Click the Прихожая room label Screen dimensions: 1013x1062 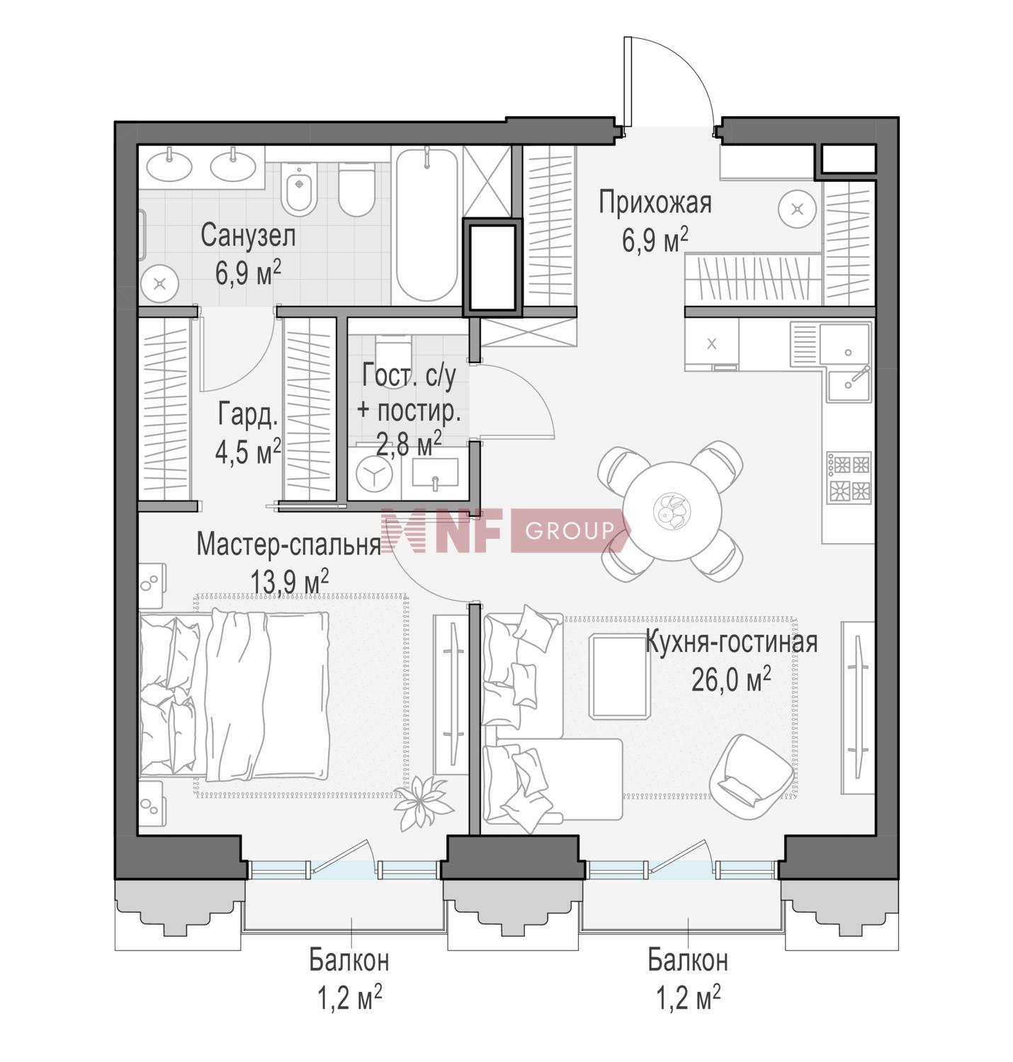click(x=655, y=203)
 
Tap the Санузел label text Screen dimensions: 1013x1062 click(x=248, y=236)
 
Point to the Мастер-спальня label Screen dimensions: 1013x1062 click(x=288, y=544)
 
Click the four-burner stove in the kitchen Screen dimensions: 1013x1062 click(x=849, y=478)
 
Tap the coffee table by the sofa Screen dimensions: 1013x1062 click(x=619, y=676)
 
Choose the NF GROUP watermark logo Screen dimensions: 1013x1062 click(x=505, y=530)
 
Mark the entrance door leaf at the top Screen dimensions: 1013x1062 click(x=628, y=82)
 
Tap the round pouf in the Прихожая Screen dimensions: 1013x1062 click(x=797, y=209)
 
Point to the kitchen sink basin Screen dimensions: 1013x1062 click(x=845, y=343)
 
